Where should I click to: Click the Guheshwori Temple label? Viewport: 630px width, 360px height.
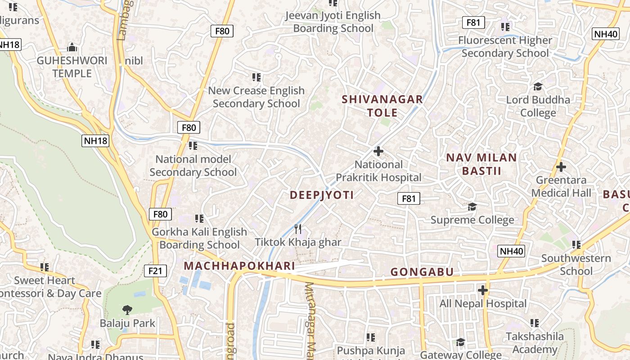[x=72, y=67]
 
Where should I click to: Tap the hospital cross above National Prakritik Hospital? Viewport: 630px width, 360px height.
[x=378, y=151]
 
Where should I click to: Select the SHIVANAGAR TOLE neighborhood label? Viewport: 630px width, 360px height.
[x=382, y=106]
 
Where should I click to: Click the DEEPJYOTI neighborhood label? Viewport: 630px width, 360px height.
[x=321, y=195]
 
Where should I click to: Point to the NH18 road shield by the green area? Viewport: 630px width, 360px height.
[x=95, y=141]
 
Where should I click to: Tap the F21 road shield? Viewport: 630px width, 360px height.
[x=155, y=270]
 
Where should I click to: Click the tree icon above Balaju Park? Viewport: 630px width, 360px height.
[x=127, y=310]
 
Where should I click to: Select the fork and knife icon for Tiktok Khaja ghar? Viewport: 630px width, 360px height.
[x=297, y=229]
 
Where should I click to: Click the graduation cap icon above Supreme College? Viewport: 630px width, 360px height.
[x=472, y=207]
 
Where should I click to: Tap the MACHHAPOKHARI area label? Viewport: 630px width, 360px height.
[x=239, y=266]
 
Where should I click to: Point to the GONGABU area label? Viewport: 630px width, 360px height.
[x=422, y=272]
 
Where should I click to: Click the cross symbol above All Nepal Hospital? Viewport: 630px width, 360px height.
[x=483, y=290]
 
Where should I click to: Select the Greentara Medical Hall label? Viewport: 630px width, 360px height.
[x=561, y=187]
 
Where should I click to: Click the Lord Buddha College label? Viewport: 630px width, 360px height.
[x=538, y=106]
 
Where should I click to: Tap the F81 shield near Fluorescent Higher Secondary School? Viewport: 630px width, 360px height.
[x=473, y=22]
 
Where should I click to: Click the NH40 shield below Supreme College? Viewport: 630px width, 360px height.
[x=512, y=251]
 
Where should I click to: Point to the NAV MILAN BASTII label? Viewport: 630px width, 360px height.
[x=481, y=164]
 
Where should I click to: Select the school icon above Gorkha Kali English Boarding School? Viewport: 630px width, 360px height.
[x=199, y=219]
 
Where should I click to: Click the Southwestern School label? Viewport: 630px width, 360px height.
[x=576, y=265]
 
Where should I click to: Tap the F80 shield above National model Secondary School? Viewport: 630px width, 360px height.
[x=189, y=127]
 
